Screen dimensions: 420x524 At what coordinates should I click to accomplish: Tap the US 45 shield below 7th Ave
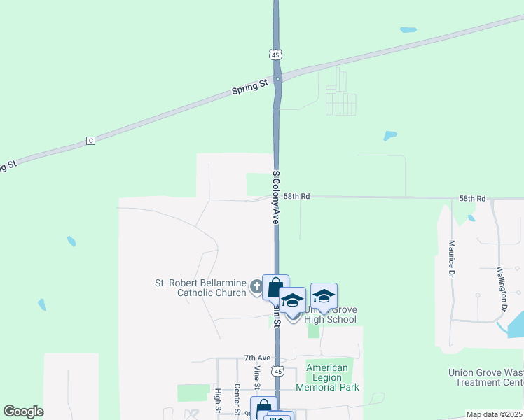click(x=278, y=370)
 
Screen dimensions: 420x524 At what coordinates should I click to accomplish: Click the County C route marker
click(x=90, y=141)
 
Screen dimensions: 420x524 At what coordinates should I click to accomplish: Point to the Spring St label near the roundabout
click(x=250, y=85)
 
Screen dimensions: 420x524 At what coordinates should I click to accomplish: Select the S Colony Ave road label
click(x=276, y=197)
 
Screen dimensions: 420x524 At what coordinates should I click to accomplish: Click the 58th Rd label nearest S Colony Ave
click(x=296, y=197)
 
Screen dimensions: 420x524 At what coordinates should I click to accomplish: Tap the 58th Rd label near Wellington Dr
click(x=472, y=199)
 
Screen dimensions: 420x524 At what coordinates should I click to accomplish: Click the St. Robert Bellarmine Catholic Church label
click(x=200, y=288)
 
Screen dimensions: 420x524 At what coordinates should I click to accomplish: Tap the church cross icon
click(x=256, y=287)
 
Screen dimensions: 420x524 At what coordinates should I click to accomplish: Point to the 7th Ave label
click(x=257, y=358)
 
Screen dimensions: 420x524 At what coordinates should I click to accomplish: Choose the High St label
click(x=219, y=400)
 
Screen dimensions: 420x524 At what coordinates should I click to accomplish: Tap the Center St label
click(x=237, y=398)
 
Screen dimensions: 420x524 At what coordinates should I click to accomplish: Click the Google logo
click(x=23, y=412)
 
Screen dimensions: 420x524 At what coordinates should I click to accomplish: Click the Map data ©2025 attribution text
click(x=494, y=415)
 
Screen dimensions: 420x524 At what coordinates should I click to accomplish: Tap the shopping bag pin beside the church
click(x=275, y=287)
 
